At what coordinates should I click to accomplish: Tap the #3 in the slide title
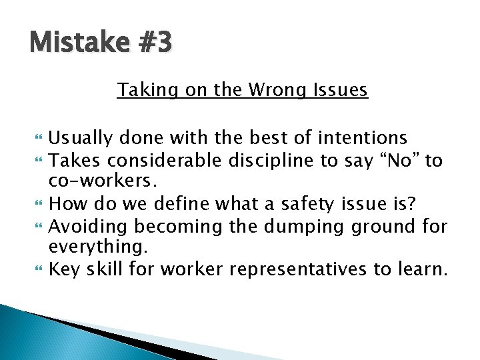pos(155,43)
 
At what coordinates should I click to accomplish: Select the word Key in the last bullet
pos(65,270)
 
